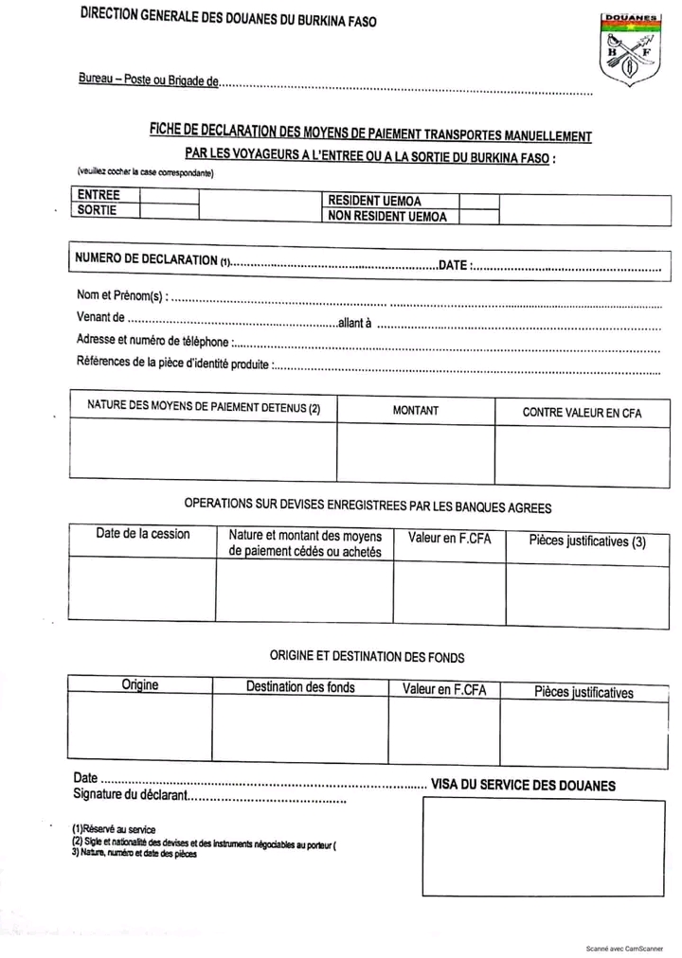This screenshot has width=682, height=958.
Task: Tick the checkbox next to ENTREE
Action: (170, 196)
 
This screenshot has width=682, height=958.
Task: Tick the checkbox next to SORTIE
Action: (170, 210)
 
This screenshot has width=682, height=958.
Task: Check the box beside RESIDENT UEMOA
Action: (478, 202)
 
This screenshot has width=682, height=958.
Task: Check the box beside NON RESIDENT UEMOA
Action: (478, 216)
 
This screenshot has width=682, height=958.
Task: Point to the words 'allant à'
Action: (354, 323)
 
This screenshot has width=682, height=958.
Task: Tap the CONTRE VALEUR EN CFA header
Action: (582, 413)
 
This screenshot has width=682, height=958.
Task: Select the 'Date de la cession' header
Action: (142, 534)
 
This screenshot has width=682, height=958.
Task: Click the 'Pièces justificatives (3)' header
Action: (587, 541)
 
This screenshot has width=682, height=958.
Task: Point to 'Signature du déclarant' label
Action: (130, 794)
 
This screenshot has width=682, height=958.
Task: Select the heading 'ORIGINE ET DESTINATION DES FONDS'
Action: (367, 656)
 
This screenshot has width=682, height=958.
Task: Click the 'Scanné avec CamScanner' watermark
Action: (623, 948)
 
